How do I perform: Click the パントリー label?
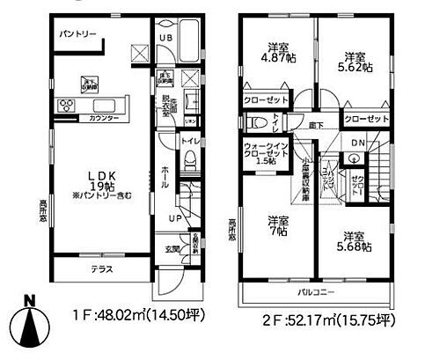tap(77, 33)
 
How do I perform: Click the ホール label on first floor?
tap(165, 173)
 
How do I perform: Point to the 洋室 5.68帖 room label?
tap(354, 241)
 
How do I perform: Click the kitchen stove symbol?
tap(69, 107)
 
